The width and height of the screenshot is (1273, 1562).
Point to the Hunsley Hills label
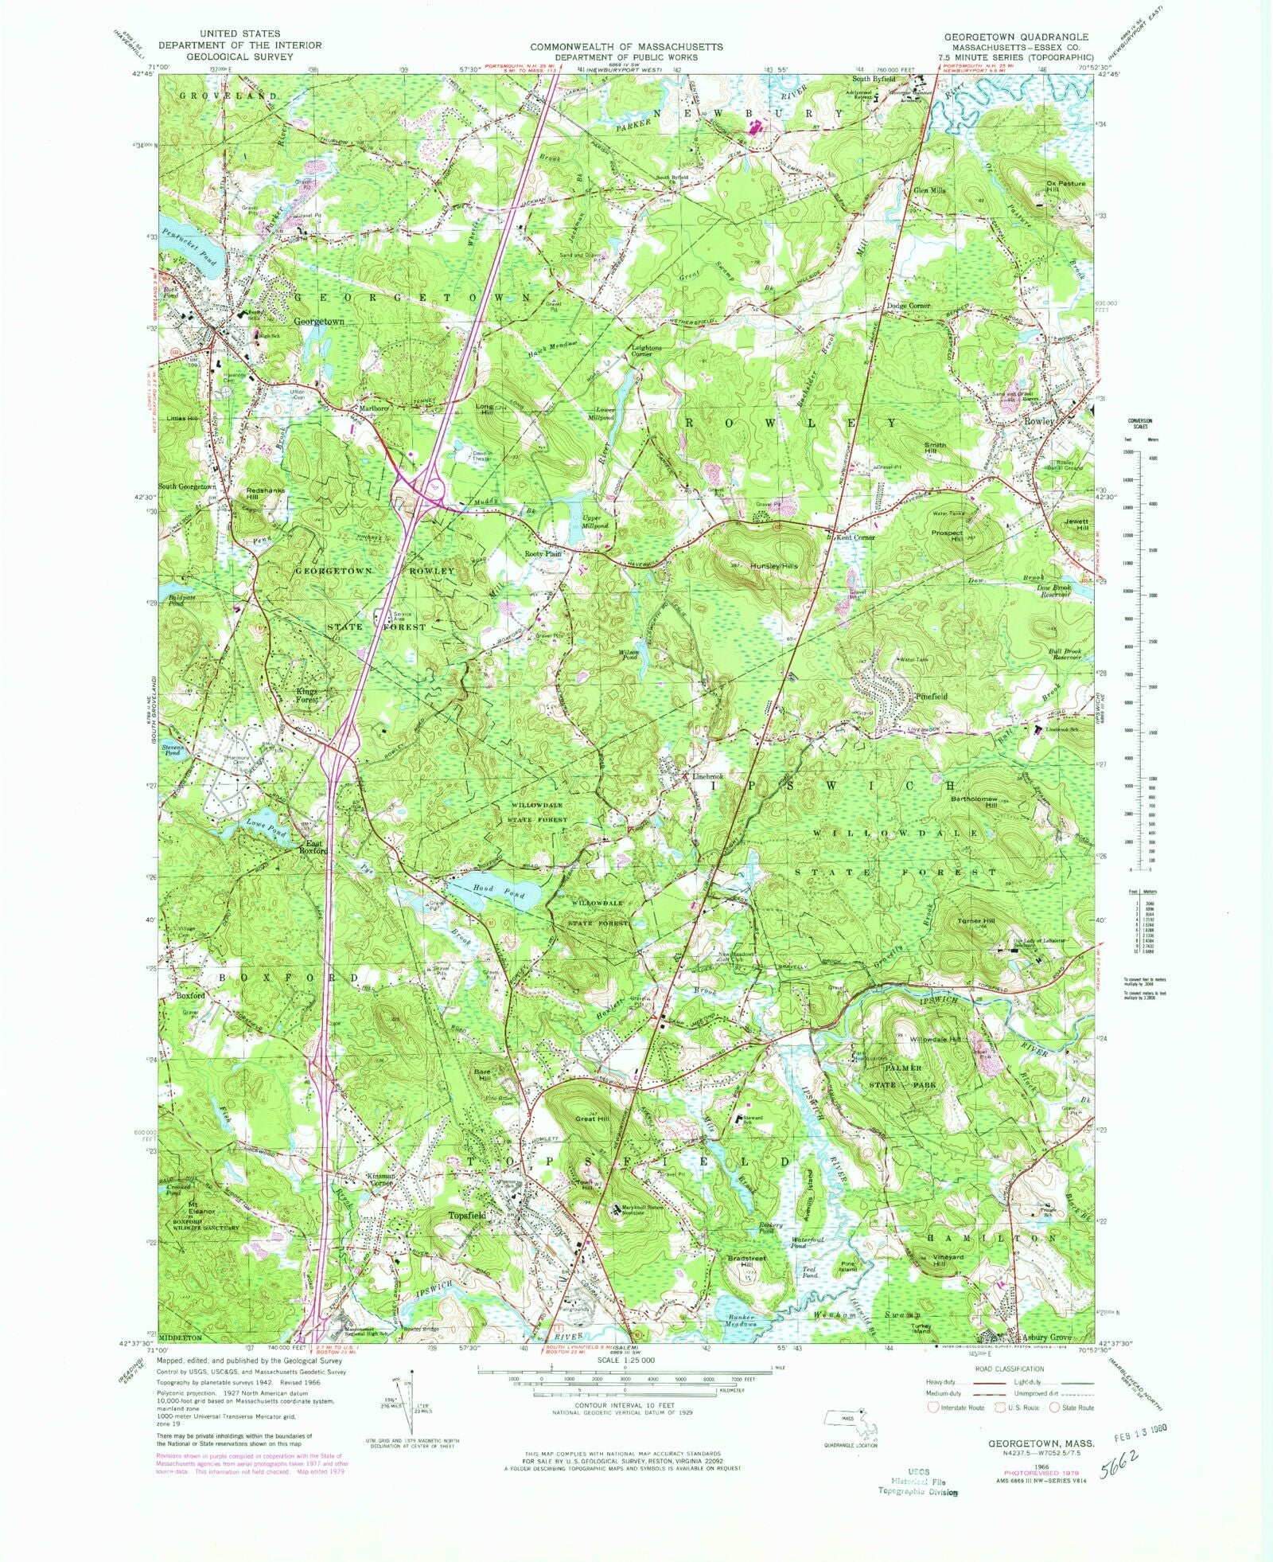click(775, 566)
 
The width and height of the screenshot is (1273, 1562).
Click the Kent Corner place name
click(855, 537)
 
